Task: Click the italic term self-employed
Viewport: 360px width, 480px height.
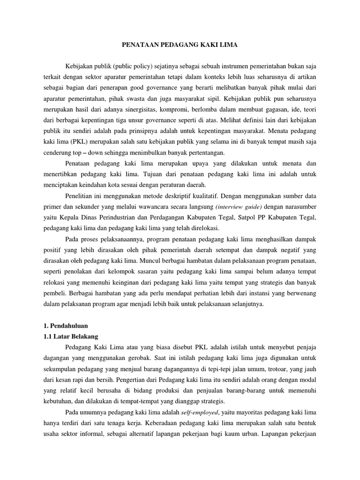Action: pyautogui.click(x=198, y=412)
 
